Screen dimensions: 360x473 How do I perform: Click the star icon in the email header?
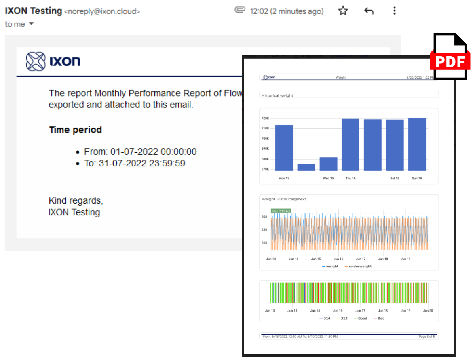pos(343,11)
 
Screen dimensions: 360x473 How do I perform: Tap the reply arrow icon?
pos(369,11)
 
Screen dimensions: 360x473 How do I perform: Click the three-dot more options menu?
pos(395,11)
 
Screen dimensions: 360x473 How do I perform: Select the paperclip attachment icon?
pos(240,10)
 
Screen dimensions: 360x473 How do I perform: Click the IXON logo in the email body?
pos(53,61)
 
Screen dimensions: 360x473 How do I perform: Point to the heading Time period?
pos(75,130)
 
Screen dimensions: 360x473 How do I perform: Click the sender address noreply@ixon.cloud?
pos(102,12)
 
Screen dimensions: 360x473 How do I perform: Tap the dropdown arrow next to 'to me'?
pos(31,24)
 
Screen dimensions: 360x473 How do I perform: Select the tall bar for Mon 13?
pos(284,148)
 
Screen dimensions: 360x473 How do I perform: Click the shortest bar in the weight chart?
pos(306,167)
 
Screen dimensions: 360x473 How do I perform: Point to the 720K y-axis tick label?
pos(265,118)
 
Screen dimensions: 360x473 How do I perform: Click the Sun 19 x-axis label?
pos(417,178)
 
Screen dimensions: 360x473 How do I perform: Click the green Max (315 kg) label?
pos(281,211)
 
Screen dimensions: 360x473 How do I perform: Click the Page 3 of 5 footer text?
pos(427,336)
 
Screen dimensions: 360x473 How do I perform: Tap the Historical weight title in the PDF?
pos(277,95)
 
